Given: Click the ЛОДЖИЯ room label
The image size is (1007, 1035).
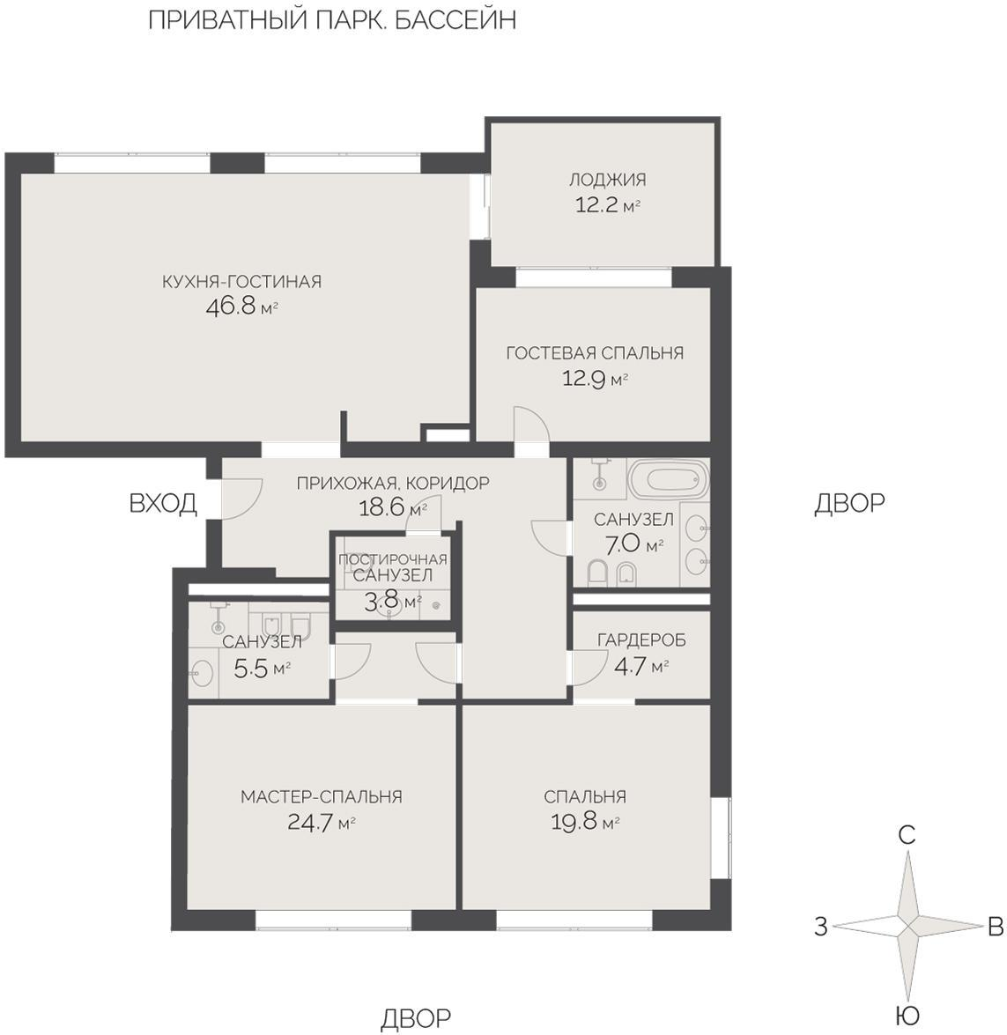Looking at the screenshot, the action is click(608, 179).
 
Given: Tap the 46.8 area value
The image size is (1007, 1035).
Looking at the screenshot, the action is click(231, 307).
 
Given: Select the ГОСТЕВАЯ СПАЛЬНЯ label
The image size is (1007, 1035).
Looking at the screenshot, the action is click(595, 352).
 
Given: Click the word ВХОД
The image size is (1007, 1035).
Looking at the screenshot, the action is click(163, 503).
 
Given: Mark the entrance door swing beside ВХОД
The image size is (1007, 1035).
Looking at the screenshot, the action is click(241, 499).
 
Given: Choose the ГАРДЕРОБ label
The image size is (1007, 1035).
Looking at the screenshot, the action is click(641, 639).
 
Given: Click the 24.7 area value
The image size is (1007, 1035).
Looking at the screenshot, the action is click(310, 823).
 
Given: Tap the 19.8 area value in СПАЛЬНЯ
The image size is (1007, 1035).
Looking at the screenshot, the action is click(574, 823).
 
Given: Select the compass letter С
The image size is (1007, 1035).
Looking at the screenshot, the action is click(907, 835).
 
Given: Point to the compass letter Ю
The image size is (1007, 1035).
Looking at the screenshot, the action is click(907, 1015).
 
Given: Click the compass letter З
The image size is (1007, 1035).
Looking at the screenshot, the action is click(820, 927).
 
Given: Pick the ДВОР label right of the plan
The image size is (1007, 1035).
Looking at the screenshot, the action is click(849, 503).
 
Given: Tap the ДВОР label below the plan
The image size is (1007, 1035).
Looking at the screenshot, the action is click(416, 1018).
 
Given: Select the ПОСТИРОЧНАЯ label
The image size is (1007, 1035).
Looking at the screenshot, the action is click(393, 559).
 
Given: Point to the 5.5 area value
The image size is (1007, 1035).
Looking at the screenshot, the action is click(251, 669).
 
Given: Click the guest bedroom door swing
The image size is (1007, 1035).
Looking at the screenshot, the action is click(530, 425).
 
